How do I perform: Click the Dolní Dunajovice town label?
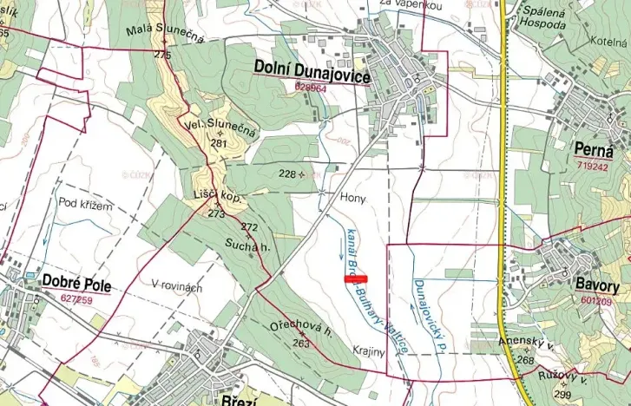tap(312, 75)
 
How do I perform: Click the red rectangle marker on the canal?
tap(356, 278)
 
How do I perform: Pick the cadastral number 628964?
tap(311, 88)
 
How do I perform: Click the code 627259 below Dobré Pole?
tap(76, 299)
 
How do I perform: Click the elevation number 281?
tap(217, 143)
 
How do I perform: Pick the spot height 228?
tap(287, 174)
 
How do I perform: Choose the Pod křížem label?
tap(86, 205)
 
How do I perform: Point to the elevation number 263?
tap(301, 344)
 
